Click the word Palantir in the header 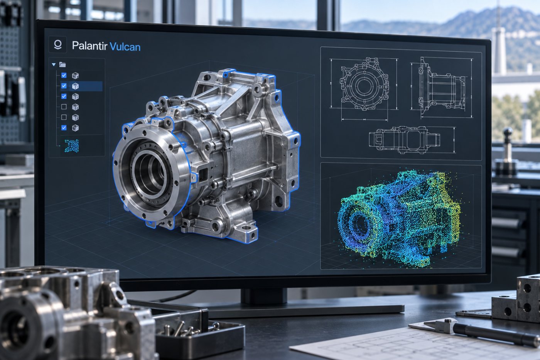[x=89, y=46]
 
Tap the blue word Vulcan [x=125, y=47]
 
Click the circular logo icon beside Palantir [x=57, y=45]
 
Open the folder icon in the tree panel [x=62, y=64]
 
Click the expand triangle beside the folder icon [x=54, y=64]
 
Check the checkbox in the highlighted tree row [x=64, y=86]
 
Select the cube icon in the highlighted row [x=75, y=86]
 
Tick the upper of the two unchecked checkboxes [x=64, y=106]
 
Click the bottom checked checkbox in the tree [x=64, y=128]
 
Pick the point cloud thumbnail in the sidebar [x=72, y=146]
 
